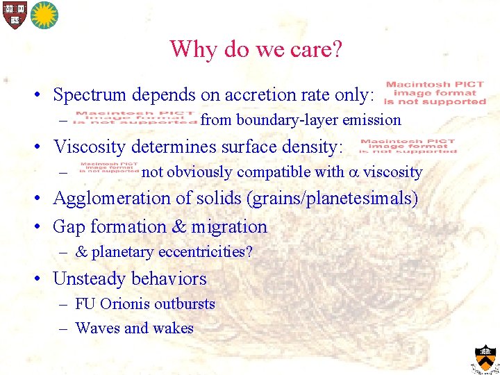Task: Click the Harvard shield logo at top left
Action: tap(13, 15)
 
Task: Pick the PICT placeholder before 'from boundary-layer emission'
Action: tap(137, 119)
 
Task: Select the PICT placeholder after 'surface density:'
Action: tap(408, 146)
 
